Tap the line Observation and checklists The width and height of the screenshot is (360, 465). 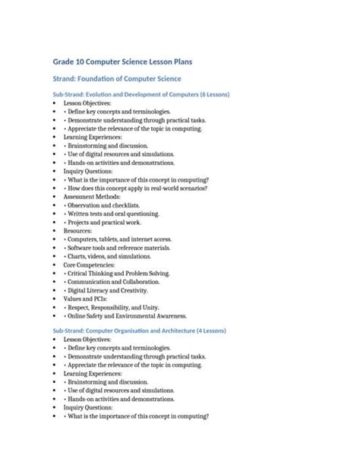103,205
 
